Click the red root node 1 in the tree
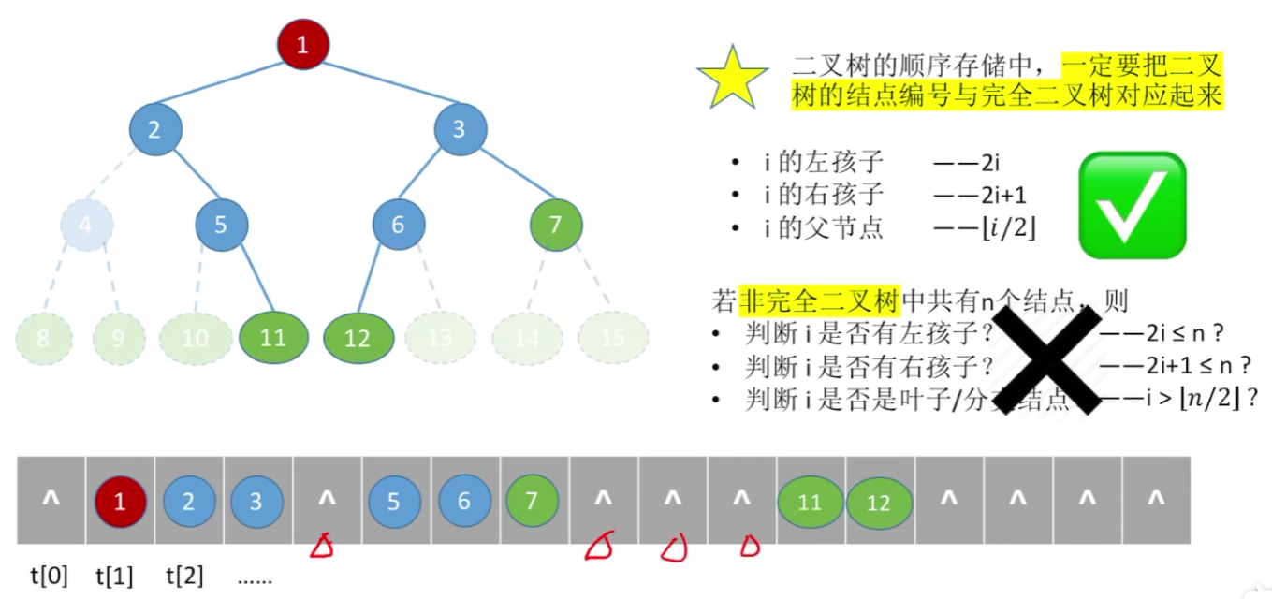302,44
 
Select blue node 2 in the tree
154,129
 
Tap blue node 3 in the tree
460,129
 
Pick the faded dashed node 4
87,225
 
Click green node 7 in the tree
556,225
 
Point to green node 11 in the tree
272,337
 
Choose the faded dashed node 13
440,337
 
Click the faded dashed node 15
612,337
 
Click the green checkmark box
1133,205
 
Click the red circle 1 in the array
120,502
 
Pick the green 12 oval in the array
879,504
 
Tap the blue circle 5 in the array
394,502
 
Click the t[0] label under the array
50,576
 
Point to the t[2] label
184,576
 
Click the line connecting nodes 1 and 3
383,87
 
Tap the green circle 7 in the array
532,502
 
